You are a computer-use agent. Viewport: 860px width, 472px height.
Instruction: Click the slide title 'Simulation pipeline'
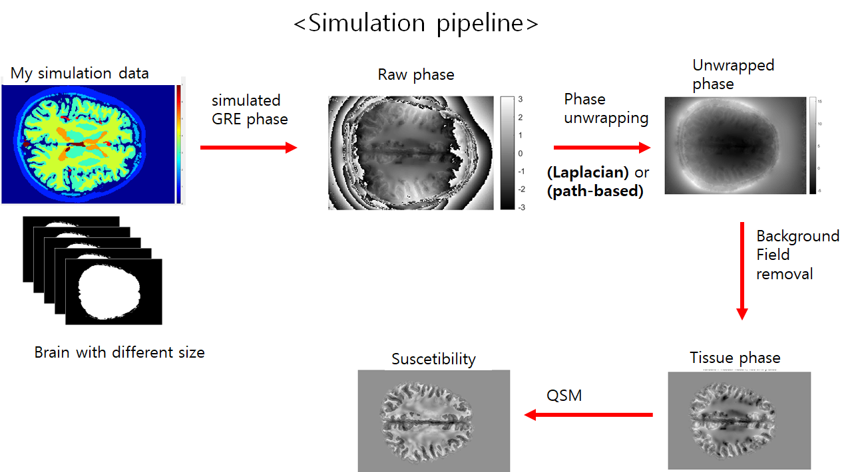pos(416,23)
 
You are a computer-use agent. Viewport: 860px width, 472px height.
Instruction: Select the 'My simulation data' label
pos(80,73)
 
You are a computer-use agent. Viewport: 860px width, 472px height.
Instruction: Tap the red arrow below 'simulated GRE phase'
pos(248,148)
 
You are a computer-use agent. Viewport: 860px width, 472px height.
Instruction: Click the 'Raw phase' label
pos(416,74)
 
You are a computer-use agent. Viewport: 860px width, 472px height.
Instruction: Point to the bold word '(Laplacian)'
pos(588,173)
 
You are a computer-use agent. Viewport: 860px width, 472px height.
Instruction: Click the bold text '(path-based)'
pos(596,193)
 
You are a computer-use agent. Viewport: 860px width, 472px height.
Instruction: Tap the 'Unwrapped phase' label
pos(733,74)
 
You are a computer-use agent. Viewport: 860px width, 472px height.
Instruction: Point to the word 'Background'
pos(797,236)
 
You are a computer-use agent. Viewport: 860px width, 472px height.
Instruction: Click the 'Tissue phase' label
pos(735,358)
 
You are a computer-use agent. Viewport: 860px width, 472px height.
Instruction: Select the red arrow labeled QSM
pos(588,415)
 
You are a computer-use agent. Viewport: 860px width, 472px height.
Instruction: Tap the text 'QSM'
pos(564,396)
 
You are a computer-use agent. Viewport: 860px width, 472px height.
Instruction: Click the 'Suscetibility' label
pos(433,360)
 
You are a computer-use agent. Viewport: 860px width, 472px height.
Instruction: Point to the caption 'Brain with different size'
pos(119,352)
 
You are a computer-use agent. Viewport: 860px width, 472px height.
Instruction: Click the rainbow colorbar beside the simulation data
pos(178,143)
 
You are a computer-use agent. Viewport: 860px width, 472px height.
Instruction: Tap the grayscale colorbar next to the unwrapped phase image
pos(812,145)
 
